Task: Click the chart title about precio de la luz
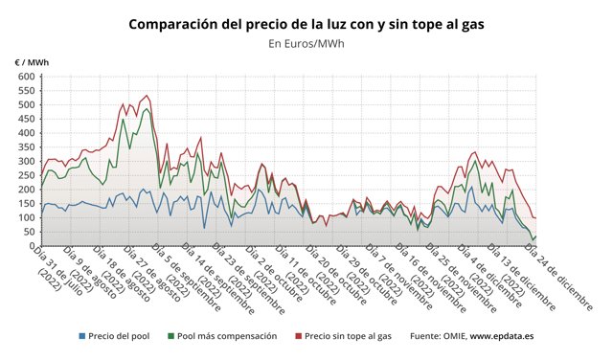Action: (306, 22)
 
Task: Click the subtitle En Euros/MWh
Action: (306, 43)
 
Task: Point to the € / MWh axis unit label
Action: (32, 62)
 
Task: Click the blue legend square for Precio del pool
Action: (82, 337)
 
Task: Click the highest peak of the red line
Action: (146, 96)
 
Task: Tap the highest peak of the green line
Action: (146, 108)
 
